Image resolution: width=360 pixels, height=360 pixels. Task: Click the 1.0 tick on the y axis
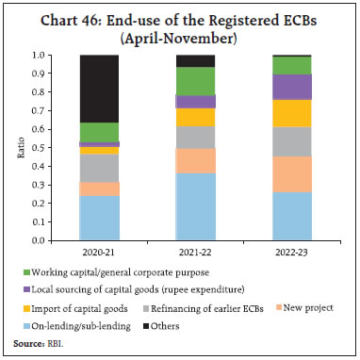coord(58,55)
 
